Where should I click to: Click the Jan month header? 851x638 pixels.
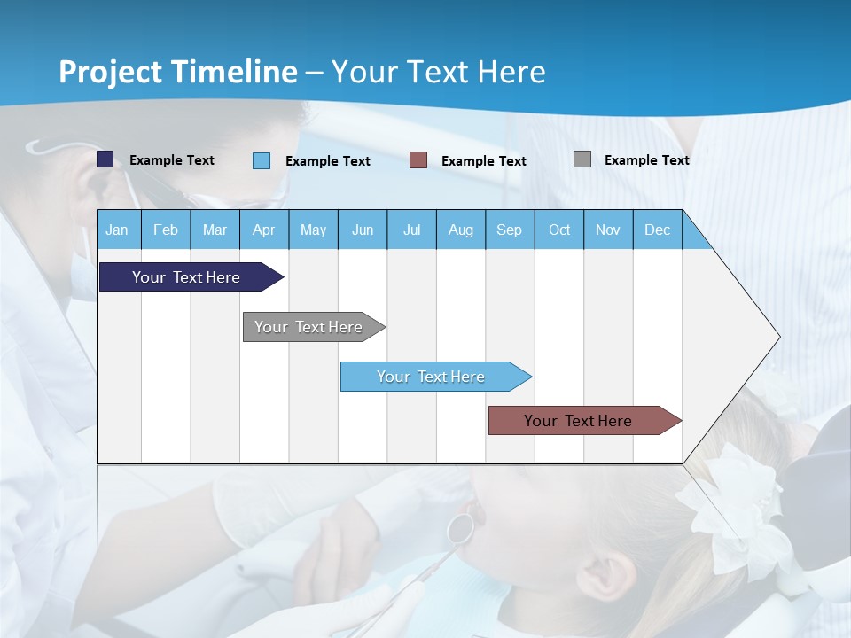point(117,230)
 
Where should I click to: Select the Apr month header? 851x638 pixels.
point(263,230)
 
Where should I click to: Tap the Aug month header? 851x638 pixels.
point(460,230)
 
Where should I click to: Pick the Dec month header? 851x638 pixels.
point(657,230)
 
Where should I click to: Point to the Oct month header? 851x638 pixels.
point(558,230)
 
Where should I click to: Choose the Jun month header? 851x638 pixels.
point(362,230)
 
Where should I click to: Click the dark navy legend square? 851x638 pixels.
point(105,159)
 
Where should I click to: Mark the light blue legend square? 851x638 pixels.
point(262,160)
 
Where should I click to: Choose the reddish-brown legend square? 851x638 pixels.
point(418,160)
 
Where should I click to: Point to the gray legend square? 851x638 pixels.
point(582,159)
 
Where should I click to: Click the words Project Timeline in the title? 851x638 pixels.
point(177,72)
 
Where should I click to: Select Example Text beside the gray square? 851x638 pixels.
point(646,160)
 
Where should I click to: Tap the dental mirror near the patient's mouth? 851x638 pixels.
point(459,528)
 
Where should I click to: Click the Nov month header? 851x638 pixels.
point(608,230)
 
